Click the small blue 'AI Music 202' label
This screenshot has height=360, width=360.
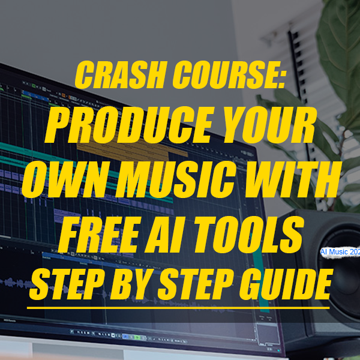[x=340, y=253]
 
